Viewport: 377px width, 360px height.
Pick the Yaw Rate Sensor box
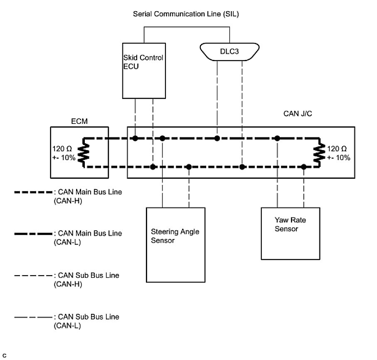tap(291, 233)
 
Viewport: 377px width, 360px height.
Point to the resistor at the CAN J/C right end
tap(320, 153)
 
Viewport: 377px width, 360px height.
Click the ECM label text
tap(79, 121)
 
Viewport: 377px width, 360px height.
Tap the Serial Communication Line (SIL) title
tap(186, 14)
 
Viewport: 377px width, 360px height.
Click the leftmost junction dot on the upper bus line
tap(135, 138)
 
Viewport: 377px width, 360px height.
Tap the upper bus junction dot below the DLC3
tap(217, 138)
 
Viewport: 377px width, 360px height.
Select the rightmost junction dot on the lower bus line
tap(304, 167)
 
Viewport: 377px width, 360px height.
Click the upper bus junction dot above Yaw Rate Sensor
tap(277, 138)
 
